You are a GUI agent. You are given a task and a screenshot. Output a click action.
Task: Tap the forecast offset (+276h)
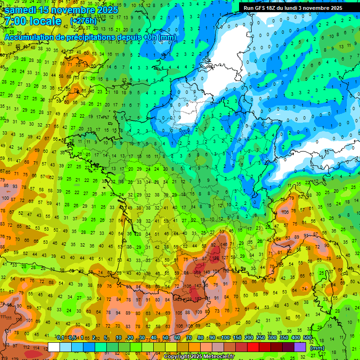click(x=83, y=21)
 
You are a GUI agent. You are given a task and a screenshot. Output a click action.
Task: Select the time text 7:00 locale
click(x=33, y=21)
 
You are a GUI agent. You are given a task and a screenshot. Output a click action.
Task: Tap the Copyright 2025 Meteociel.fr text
click(x=199, y=356)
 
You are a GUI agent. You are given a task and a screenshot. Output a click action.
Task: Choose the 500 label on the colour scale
click(x=307, y=338)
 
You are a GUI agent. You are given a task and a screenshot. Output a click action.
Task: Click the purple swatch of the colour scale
click(x=300, y=347)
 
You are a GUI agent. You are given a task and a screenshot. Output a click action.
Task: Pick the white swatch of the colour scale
click(x=54, y=347)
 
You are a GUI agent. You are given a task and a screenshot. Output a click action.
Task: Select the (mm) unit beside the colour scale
click(x=317, y=348)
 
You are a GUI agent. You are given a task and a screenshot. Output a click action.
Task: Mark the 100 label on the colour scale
click(x=225, y=338)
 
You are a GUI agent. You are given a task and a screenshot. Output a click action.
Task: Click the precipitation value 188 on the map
click(x=216, y=258)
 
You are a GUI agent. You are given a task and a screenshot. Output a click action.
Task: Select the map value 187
click(x=199, y=299)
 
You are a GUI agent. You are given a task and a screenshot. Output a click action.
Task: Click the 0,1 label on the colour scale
click(x=60, y=338)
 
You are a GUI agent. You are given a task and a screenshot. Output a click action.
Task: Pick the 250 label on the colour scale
click(x=261, y=338)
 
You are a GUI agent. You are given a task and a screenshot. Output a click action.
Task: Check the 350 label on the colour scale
click(x=284, y=338)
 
